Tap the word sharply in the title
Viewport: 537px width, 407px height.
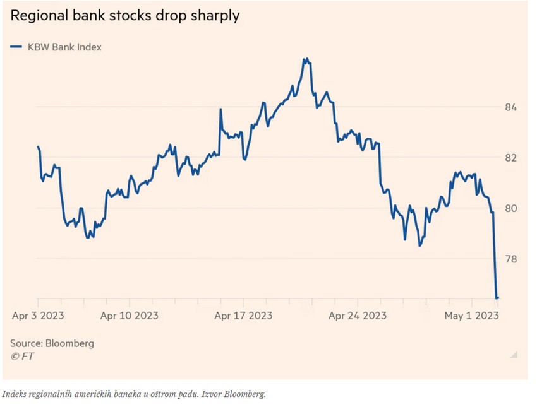[215, 16]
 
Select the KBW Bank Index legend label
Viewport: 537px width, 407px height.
[64, 47]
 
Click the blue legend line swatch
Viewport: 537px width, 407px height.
[16, 47]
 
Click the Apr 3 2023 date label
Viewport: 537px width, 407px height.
[38, 315]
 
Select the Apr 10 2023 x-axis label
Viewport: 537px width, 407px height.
[130, 315]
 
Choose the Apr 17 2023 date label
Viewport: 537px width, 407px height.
[244, 315]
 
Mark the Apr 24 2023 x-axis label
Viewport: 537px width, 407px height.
[358, 315]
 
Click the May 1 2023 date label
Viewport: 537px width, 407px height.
[472, 315]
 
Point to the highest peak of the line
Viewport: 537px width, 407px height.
[305, 59]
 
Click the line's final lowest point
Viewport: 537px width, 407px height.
[497, 298]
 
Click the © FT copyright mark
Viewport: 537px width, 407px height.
[22, 357]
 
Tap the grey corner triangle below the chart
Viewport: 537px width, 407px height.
[514, 355]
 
